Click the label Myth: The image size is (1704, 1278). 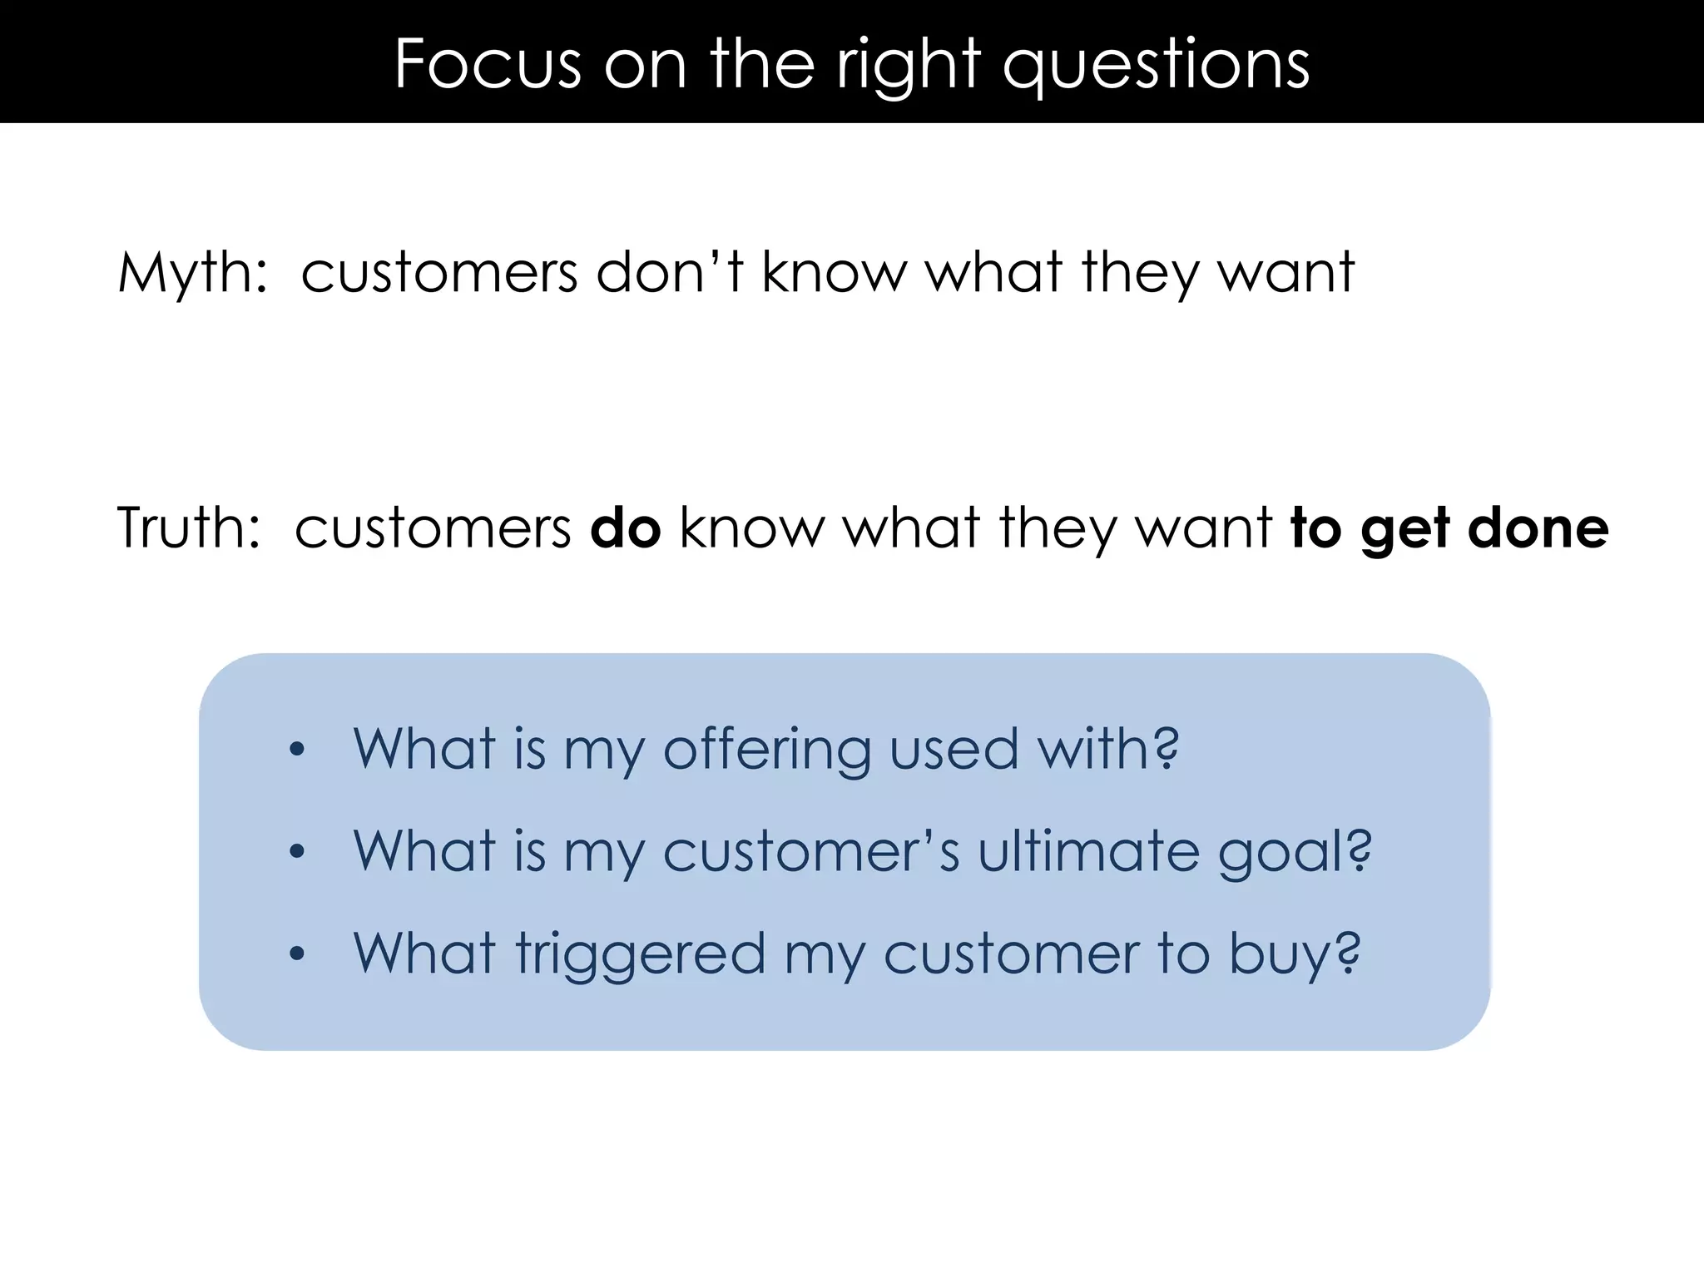(x=193, y=273)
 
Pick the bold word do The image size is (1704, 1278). (x=625, y=528)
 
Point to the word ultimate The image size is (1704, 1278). (x=1088, y=850)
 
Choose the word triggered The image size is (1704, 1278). (x=640, y=955)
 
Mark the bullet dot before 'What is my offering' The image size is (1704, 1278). (x=297, y=750)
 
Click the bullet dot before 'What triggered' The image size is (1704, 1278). (x=297, y=954)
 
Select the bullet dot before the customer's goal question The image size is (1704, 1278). (x=297, y=852)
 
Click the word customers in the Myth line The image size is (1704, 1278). (x=438, y=273)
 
